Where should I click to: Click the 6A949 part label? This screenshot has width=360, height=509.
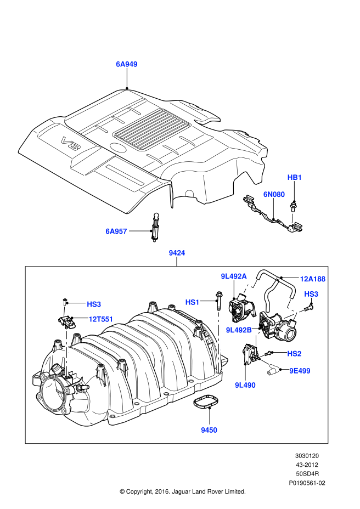click(x=126, y=64)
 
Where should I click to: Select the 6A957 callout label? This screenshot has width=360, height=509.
click(x=116, y=231)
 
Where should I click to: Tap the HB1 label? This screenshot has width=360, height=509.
click(x=295, y=178)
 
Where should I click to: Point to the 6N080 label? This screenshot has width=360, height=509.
click(x=274, y=194)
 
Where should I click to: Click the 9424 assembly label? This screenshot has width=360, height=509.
click(x=177, y=253)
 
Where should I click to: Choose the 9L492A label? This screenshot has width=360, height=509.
click(x=234, y=276)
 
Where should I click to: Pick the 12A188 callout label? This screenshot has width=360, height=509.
click(x=312, y=279)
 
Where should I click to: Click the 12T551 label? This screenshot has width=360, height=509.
click(x=100, y=319)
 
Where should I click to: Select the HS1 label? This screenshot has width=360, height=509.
click(x=193, y=302)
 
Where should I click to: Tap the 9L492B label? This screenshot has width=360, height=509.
click(x=239, y=330)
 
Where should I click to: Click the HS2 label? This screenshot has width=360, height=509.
click(x=295, y=354)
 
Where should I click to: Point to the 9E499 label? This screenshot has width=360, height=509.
click(x=300, y=371)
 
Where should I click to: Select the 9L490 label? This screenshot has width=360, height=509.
click(x=245, y=385)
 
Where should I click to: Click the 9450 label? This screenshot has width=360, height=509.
click(x=209, y=430)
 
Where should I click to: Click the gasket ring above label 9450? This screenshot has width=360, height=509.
click(x=204, y=403)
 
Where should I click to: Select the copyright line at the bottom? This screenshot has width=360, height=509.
click(x=182, y=491)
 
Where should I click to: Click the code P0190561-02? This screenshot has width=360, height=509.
click(x=307, y=483)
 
